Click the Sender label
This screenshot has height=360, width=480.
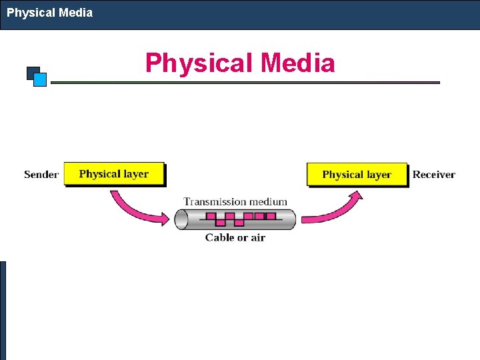[41, 175]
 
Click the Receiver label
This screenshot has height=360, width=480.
[433, 175]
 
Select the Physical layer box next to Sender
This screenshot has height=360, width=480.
[114, 174]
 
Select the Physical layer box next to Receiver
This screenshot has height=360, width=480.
[357, 175]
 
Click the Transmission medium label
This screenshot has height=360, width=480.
[235, 201]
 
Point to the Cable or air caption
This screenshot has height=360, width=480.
[235, 237]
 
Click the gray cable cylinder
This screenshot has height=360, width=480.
[235, 219]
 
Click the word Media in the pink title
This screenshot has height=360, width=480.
[298, 63]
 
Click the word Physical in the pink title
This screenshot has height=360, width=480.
[199, 63]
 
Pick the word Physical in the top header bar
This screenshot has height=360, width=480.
[29, 12]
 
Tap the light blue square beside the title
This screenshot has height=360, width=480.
[40, 80]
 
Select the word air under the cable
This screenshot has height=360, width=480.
[257, 237]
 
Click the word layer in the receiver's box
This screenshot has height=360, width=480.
[378, 175]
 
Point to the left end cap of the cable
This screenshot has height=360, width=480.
[181, 219]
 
